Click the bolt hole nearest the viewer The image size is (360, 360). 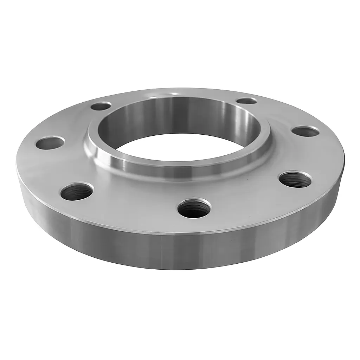[x=194, y=208]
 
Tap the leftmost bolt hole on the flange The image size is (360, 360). [x=50, y=143]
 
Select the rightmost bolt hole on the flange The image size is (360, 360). [x=305, y=131]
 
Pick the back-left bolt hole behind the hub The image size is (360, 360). [x=101, y=106]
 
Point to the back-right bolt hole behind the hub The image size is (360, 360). [x=246, y=101]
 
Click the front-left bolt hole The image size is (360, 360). [x=77, y=191]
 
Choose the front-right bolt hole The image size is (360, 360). [x=295, y=179]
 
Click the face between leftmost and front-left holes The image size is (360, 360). [x=53, y=169]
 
